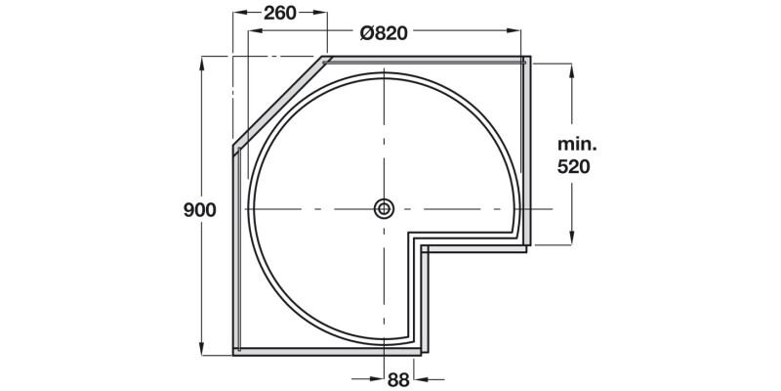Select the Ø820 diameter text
[x=383, y=31]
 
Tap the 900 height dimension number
[x=198, y=210]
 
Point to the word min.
[x=576, y=144]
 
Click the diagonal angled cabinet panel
[x=279, y=103]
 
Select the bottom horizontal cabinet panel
[x=327, y=349]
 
